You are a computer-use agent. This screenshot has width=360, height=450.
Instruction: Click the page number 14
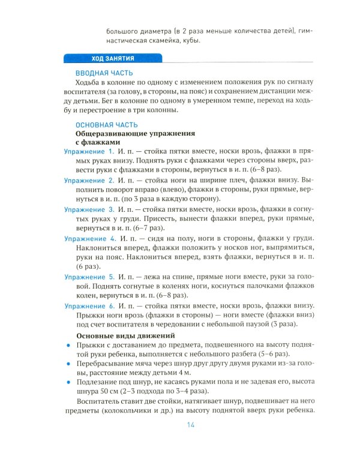(184, 425)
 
